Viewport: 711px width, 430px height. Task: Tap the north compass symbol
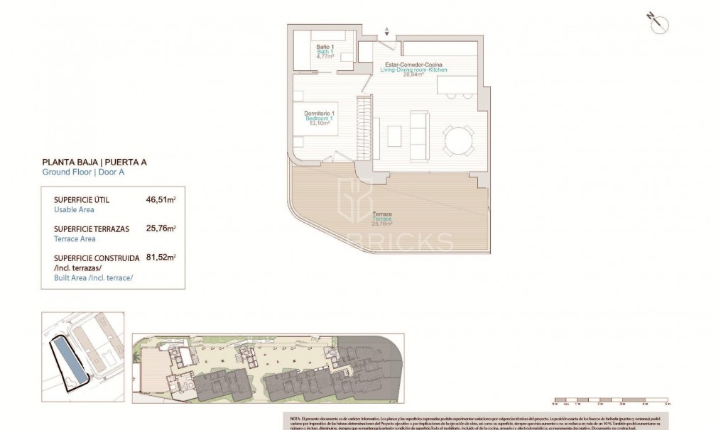click(656, 21)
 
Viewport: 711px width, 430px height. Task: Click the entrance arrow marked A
click(386, 31)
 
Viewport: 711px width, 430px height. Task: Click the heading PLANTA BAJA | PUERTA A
click(94, 162)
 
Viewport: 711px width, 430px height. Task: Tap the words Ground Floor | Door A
click(84, 172)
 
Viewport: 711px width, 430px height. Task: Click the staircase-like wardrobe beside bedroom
click(364, 124)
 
